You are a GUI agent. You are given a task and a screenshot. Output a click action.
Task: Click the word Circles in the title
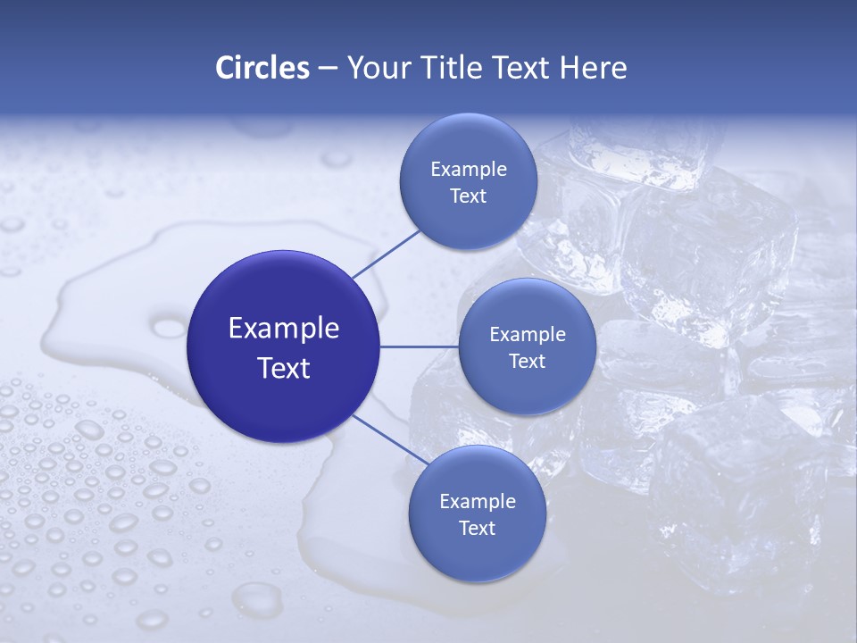(x=262, y=68)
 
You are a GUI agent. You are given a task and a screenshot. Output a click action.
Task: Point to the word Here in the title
(x=594, y=68)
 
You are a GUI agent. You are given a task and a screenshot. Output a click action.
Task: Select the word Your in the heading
(x=373, y=68)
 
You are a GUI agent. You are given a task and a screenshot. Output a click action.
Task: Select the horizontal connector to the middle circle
(x=419, y=347)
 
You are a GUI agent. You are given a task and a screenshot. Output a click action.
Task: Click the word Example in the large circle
(x=284, y=329)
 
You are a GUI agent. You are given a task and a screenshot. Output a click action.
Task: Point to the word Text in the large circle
(x=284, y=368)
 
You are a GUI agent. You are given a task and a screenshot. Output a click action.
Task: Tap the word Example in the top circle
(x=469, y=170)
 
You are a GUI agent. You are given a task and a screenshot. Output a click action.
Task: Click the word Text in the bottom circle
(x=477, y=529)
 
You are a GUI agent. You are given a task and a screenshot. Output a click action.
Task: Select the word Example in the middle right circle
(x=528, y=335)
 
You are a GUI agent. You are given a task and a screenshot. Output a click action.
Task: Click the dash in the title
(x=328, y=68)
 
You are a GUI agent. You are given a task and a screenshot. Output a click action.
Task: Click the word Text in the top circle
(x=468, y=196)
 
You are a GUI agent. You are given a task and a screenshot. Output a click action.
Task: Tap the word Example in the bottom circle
(x=478, y=502)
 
